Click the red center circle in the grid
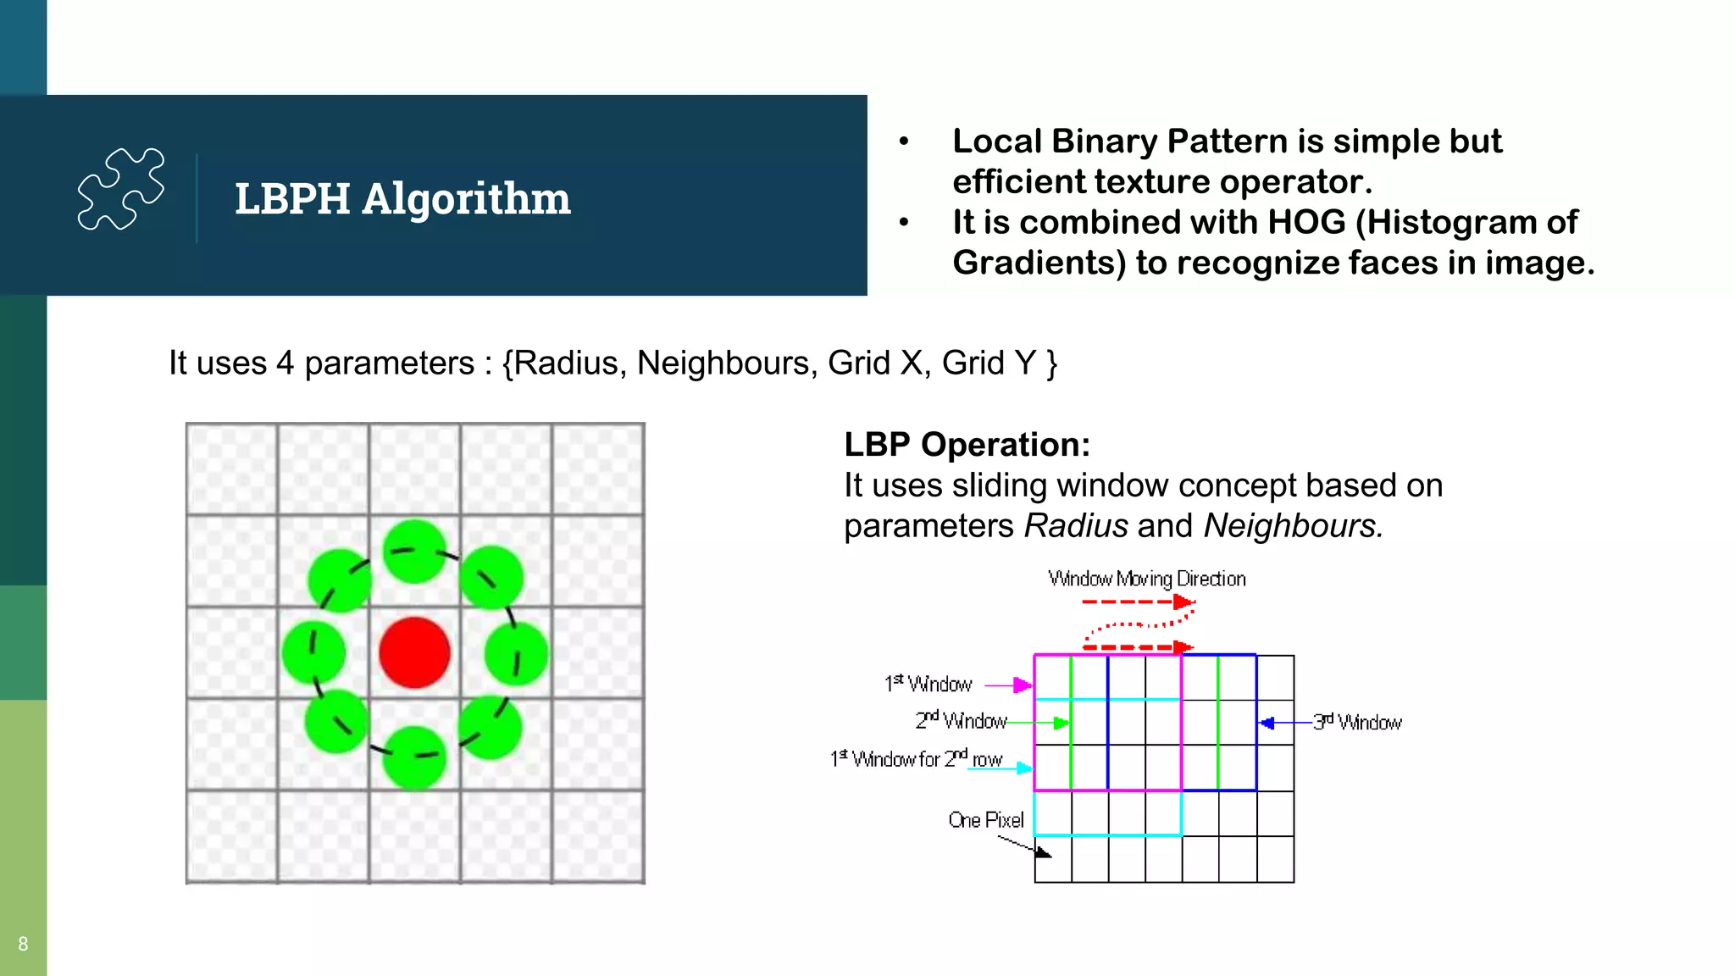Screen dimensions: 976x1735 414,652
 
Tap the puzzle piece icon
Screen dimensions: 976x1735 121,188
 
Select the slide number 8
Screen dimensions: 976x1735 23,944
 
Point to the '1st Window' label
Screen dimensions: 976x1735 928,684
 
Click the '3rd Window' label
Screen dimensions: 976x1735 1357,722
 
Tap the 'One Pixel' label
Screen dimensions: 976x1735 986,820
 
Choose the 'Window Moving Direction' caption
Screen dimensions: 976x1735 1147,579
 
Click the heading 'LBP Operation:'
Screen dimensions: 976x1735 967,445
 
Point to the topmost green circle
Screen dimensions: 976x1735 414,552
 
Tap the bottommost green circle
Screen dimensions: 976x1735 414,757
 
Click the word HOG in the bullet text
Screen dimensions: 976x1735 1306,223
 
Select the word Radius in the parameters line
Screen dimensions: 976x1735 567,363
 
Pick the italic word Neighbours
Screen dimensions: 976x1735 1293,526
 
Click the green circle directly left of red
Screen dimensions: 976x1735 313,652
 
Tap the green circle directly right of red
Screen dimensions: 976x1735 516,653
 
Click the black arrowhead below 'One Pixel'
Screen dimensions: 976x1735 1043,851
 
